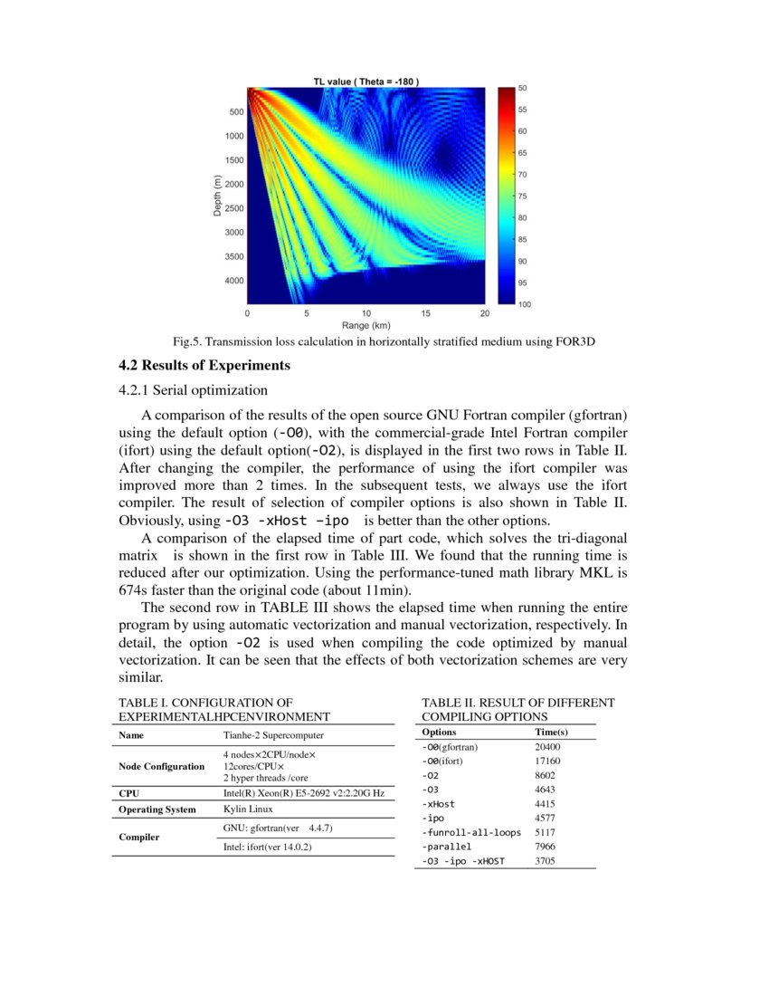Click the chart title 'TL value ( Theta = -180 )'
click(x=366, y=81)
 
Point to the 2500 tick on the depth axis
click(x=233, y=208)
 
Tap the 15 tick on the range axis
click(x=425, y=313)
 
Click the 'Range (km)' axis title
click(x=366, y=325)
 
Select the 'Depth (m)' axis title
click(x=217, y=196)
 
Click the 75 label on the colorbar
click(x=523, y=196)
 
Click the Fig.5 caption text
click(x=384, y=342)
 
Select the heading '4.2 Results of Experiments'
click(x=204, y=366)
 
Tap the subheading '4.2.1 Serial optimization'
click(x=194, y=390)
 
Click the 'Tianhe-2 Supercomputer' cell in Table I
click(x=273, y=735)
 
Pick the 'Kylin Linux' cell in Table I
click(x=248, y=809)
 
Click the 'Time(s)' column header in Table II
click(x=551, y=732)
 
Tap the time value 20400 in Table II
click(x=548, y=747)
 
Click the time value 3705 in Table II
click(x=546, y=861)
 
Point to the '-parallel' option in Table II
click(x=447, y=847)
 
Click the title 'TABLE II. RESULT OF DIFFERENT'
click(x=518, y=703)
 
